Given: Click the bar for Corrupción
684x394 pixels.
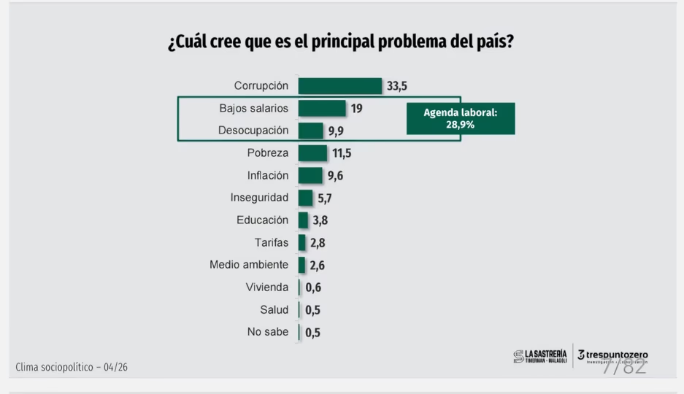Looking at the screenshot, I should [339, 86].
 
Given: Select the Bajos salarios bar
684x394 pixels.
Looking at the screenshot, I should [322, 109].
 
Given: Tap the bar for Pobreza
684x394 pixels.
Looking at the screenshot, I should [312, 153].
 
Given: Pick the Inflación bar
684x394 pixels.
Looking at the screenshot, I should [310, 176].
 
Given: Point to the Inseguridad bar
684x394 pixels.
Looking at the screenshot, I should [305, 198].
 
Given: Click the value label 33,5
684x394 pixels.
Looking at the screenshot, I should [397, 86].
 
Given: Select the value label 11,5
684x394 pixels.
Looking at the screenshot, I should [341, 153].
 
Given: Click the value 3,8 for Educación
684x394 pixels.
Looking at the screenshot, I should [320, 220].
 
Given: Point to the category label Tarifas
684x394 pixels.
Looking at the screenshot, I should [271, 242].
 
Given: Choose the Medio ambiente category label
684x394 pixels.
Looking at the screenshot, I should [249, 265].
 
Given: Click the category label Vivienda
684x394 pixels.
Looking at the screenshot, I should [267, 287].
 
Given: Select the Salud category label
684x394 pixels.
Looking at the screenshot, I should [274, 309].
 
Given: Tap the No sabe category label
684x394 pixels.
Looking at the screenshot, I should [268, 332].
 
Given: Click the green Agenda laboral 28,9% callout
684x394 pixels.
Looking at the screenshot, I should [460, 118].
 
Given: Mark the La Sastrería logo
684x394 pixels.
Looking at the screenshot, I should [540, 356].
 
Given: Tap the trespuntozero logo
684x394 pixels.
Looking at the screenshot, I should [612, 356].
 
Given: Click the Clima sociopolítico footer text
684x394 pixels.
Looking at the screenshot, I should [72, 367].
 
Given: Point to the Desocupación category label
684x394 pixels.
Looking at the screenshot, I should [253, 131].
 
